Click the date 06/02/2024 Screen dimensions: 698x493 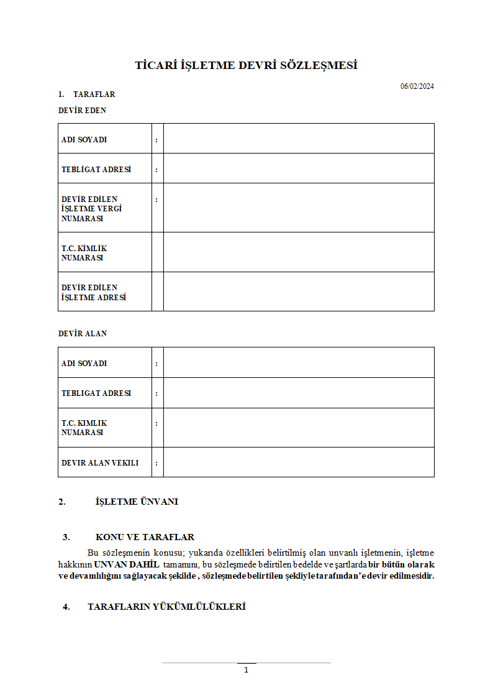pos(417,86)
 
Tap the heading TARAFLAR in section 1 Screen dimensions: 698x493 pos(94,94)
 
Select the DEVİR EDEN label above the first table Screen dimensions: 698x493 pos(82,111)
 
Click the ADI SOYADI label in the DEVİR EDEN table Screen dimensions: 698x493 pos(84,140)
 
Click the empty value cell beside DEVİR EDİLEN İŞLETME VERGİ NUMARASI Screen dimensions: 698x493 pos(298,208)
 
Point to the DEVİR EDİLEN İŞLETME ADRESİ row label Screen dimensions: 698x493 pos(94,292)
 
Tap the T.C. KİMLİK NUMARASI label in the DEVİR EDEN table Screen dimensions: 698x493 pos(84,253)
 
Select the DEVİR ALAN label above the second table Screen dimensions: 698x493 pos(83,334)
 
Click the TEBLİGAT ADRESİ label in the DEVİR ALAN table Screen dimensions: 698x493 pos(96,393)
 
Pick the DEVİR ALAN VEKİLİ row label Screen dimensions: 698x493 pos(100,463)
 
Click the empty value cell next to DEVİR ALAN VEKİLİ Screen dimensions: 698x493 pos(298,462)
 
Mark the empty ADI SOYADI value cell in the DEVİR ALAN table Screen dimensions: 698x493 pos(298,363)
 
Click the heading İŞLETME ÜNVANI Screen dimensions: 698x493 pos(137,502)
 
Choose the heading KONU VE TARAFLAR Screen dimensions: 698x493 pos(145,537)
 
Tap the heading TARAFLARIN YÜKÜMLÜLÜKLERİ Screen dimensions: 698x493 pos(166,607)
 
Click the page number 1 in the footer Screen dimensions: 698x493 pos(246,670)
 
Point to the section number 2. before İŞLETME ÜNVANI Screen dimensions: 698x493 pos(62,502)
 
